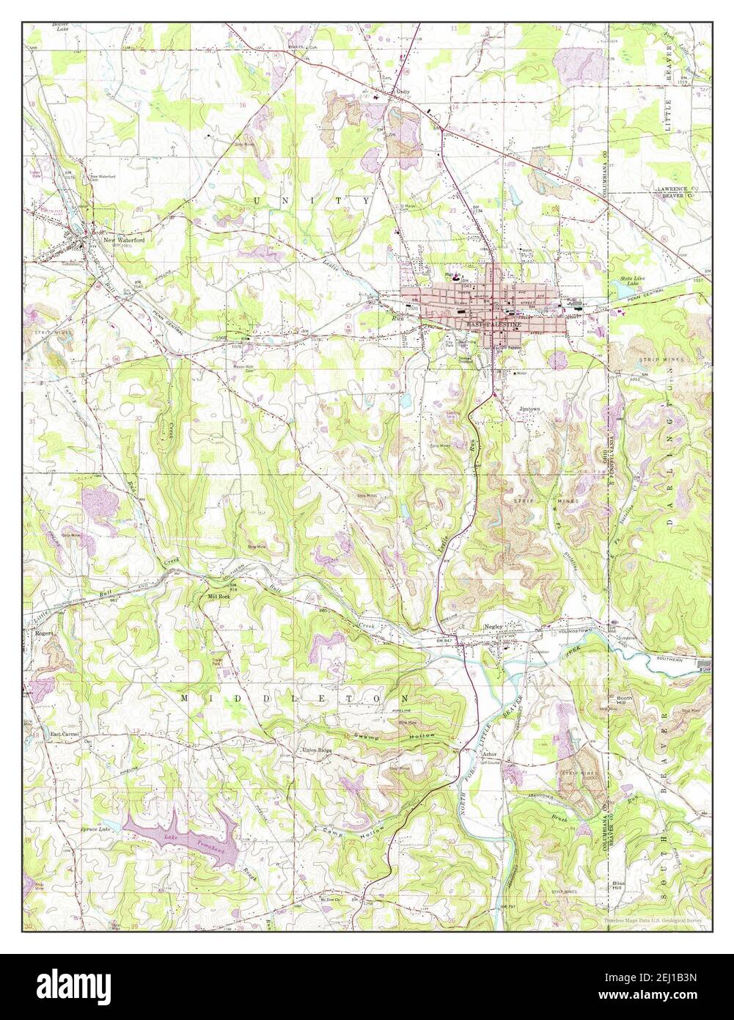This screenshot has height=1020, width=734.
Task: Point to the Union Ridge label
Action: coord(318,750)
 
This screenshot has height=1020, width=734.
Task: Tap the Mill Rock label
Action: coord(219,596)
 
